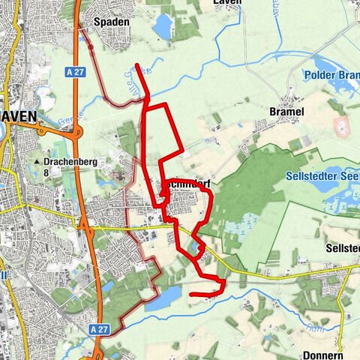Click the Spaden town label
112,22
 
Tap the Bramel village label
286,112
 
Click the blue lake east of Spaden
162,26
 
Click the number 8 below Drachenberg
46,172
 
